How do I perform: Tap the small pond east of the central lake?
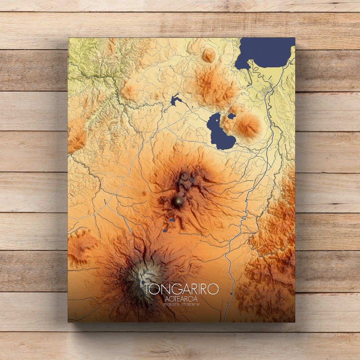click(x=231, y=116)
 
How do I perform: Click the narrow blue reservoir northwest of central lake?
click(x=175, y=100)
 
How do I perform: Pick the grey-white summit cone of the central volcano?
click(x=178, y=202)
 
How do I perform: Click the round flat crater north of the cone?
click(x=185, y=176)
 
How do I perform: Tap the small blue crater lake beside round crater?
click(x=192, y=180)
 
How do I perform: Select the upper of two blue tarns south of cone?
click(x=172, y=220)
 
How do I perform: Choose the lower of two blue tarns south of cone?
click(x=165, y=230)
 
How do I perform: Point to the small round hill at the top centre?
click(x=208, y=55)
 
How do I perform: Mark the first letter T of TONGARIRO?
click(x=148, y=289)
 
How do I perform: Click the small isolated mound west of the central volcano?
click(x=144, y=193)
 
